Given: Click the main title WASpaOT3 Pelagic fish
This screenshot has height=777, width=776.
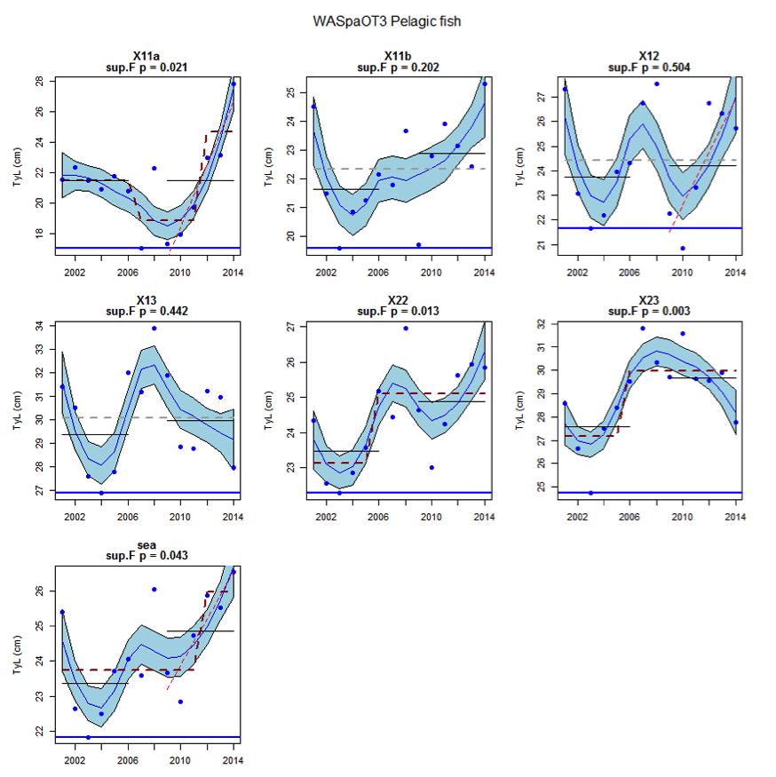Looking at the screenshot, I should [387, 20].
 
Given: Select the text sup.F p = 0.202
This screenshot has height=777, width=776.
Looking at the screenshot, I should [398, 67].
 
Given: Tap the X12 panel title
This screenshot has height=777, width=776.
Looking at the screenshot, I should [649, 56].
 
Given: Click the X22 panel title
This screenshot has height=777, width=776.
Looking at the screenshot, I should [398, 301].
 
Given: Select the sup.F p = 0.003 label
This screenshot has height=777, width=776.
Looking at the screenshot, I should [649, 312].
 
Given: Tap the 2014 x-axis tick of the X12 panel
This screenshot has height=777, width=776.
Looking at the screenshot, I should [734, 270].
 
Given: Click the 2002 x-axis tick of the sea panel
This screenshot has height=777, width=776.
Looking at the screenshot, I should [75, 760].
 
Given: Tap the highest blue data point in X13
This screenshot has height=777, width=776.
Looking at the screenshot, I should [154, 329].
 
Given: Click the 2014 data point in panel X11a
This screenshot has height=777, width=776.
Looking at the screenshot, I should [233, 84].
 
